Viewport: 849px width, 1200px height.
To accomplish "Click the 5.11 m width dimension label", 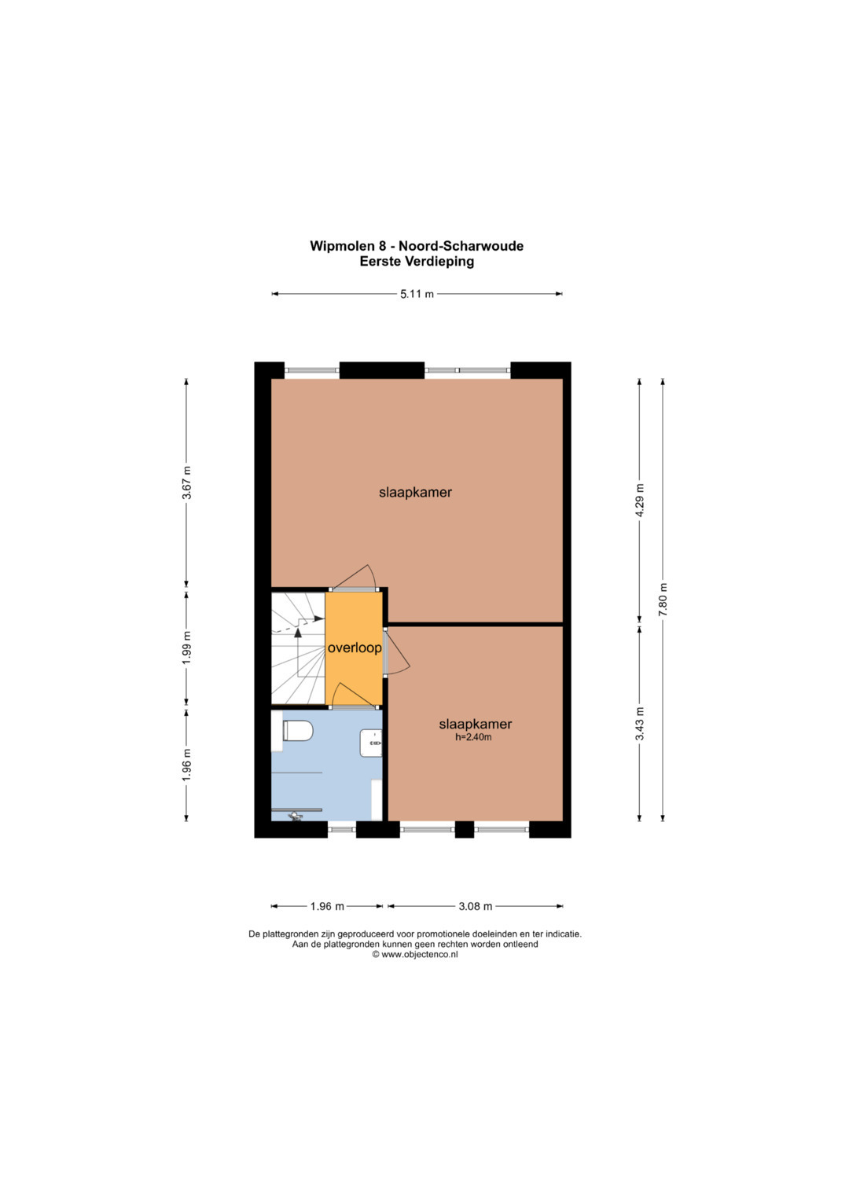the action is [417, 294].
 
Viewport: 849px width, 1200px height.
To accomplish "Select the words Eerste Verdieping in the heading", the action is [417, 262].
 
